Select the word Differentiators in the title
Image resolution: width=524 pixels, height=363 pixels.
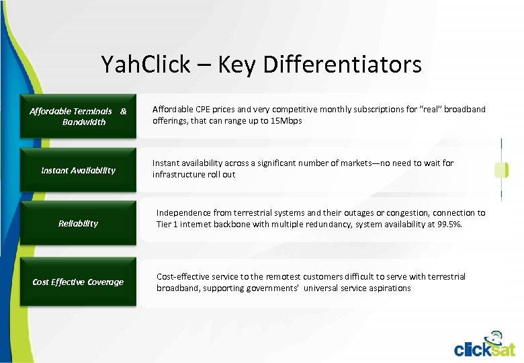343,65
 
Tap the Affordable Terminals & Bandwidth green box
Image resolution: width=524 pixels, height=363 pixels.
78,116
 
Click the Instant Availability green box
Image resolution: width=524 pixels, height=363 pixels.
78,170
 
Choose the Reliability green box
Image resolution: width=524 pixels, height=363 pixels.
78,223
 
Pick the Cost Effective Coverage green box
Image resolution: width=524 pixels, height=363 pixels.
78,282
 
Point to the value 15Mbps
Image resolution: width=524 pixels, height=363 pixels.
286,121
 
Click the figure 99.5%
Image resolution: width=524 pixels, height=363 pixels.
448,225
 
